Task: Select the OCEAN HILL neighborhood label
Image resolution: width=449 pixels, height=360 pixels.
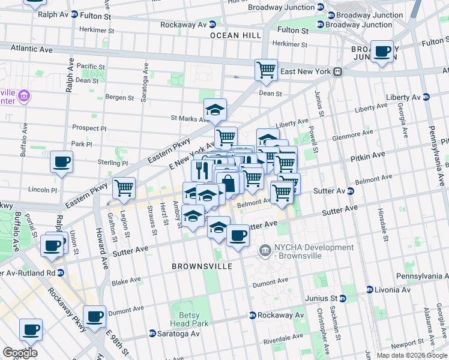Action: coord(235,36)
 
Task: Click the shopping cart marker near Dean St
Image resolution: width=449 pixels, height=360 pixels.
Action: coord(265,69)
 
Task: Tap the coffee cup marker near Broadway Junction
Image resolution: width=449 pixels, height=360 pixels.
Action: coord(382,51)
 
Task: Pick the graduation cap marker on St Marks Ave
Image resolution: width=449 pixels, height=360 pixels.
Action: coord(215,110)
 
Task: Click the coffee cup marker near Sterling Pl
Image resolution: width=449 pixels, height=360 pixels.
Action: coord(61,161)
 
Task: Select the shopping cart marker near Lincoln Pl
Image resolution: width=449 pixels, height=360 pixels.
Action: coord(124,188)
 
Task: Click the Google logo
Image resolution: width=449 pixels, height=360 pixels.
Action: coord(19,353)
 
